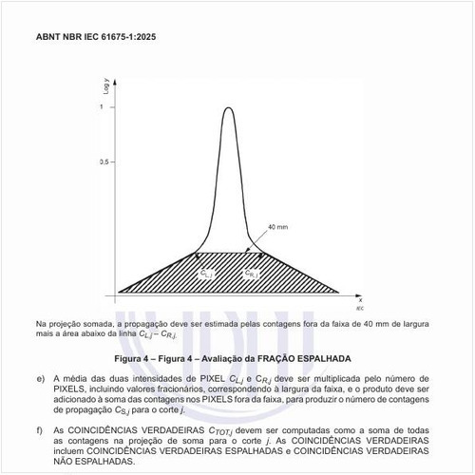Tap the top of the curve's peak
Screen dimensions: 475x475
[228, 107]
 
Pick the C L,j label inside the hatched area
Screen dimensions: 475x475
[207, 274]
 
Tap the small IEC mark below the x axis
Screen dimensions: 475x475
[359, 308]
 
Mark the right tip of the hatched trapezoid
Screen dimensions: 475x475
[339, 291]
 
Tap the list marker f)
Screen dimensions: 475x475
[41, 430]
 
